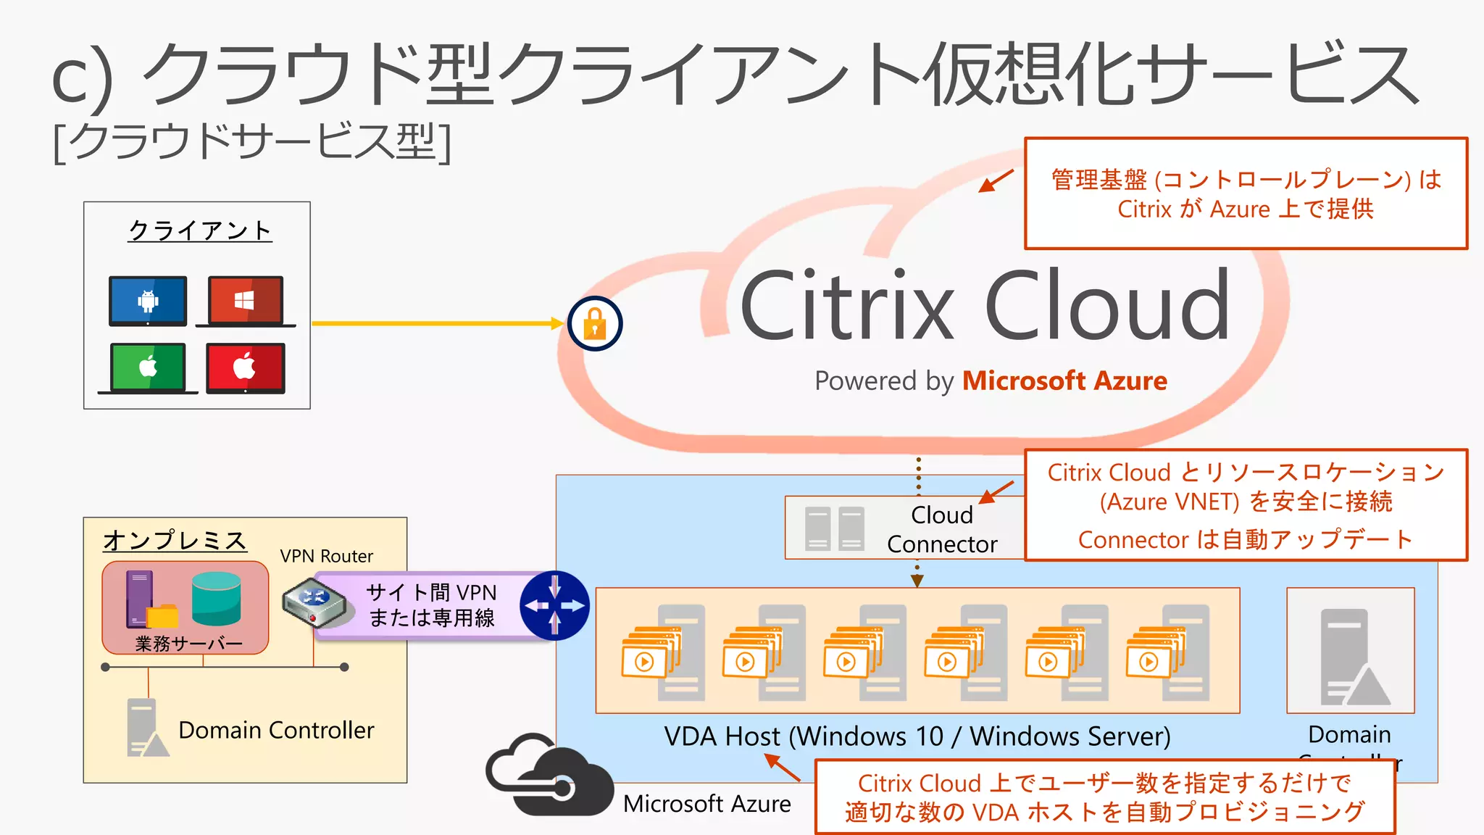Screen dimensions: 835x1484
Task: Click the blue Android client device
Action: point(148,301)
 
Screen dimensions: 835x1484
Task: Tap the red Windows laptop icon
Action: point(246,301)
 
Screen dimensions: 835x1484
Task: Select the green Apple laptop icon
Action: point(148,367)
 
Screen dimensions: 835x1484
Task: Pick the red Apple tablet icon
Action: point(246,367)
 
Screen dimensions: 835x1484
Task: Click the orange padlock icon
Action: point(595,323)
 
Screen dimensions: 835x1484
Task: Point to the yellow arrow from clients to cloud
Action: point(435,323)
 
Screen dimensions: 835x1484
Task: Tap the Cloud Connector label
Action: point(941,529)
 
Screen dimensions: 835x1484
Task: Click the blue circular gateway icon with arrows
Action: point(555,606)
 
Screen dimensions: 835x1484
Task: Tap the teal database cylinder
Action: point(216,599)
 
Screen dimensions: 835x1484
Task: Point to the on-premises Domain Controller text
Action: point(276,730)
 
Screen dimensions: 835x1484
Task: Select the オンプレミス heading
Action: point(175,541)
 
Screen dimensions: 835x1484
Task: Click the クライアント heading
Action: point(200,230)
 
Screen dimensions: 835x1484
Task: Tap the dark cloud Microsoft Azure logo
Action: point(548,776)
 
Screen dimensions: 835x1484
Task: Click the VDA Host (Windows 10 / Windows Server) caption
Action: point(917,736)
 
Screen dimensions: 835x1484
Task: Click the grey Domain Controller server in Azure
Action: point(1349,657)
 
